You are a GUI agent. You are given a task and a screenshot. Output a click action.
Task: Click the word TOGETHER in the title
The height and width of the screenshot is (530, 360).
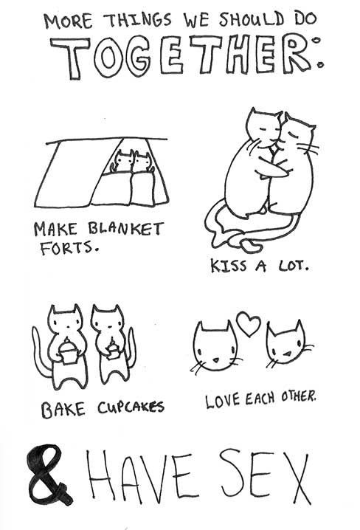click(186, 55)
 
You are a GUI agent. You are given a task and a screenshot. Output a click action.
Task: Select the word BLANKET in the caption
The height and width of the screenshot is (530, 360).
click(126, 229)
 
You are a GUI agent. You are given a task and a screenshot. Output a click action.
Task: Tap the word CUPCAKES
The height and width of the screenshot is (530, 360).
click(131, 407)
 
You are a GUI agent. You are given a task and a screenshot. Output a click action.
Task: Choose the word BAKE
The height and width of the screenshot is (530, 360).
click(63, 410)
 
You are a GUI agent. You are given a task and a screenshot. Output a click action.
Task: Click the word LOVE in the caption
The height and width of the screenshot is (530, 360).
click(223, 401)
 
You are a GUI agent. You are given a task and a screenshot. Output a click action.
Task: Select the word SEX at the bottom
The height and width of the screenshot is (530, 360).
click(265, 477)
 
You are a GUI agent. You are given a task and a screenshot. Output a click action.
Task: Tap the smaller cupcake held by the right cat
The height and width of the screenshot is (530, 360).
click(113, 350)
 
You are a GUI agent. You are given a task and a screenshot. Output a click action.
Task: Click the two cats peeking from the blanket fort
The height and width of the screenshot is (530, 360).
click(132, 162)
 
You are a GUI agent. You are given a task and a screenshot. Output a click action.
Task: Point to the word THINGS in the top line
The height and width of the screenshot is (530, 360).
click(139, 21)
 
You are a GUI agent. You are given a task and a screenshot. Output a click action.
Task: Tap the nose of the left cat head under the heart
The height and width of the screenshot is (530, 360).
click(215, 359)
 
